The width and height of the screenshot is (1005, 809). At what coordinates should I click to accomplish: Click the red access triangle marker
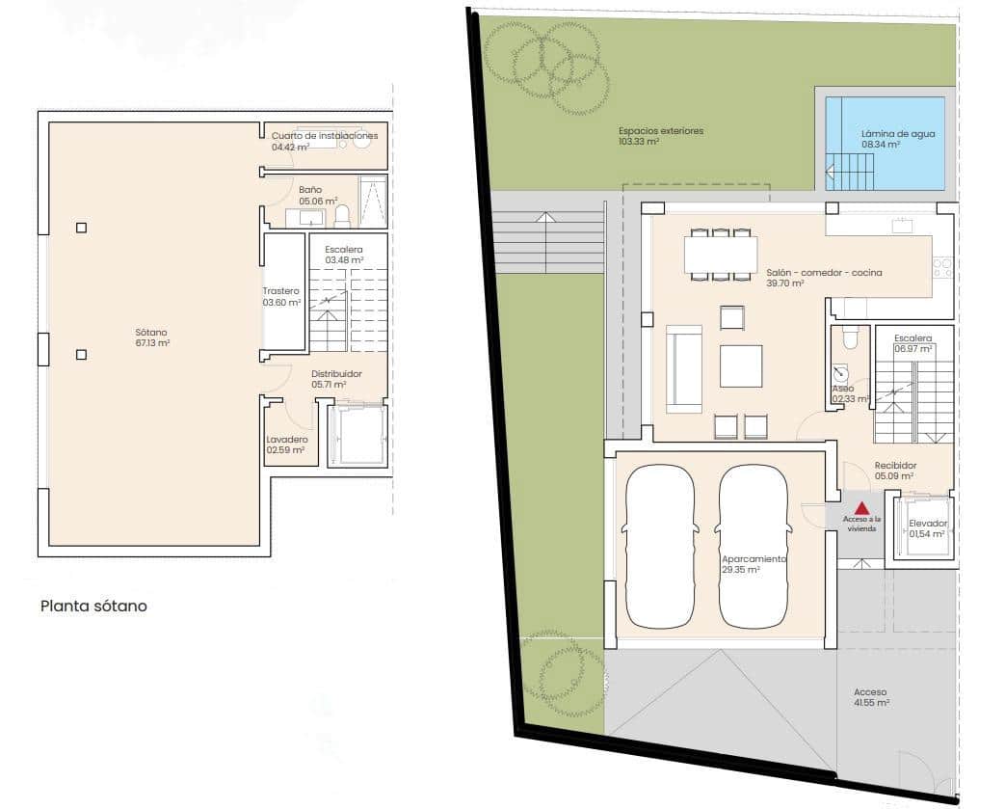click(862, 508)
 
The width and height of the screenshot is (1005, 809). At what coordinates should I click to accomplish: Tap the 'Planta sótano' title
click(93, 607)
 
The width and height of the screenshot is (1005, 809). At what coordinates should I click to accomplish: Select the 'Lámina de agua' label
click(898, 134)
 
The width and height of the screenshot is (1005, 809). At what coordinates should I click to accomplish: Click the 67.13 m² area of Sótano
click(152, 343)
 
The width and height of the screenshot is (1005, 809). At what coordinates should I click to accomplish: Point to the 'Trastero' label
click(280, 291)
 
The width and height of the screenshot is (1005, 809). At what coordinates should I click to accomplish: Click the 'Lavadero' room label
click(287, 440)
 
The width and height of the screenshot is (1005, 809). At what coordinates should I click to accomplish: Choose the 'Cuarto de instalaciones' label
click(325, 136)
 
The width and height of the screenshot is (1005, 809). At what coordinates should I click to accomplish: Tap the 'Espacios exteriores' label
click(661, 131)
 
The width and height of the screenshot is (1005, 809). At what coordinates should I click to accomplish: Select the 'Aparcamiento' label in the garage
click(754, 559)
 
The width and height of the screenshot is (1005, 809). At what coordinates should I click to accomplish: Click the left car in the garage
click(659, 546)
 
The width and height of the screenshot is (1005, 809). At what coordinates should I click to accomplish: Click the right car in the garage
click(754, 546)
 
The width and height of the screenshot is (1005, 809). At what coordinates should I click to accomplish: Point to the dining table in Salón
click(721, 255)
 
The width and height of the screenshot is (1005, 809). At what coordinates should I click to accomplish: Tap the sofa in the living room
click(684, 369)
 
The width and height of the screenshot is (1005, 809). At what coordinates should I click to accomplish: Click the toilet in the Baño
click(342, 216)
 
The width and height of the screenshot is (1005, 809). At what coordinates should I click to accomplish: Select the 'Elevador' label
click(928, 524)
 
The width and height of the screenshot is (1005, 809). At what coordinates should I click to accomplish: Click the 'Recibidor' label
click(895, 465)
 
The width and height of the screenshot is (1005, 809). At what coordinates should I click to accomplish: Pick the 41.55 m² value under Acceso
click(872, 703)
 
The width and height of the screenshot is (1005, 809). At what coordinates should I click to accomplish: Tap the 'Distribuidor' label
click(336, 374)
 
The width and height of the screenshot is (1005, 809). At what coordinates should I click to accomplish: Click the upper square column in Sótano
click(81, 228)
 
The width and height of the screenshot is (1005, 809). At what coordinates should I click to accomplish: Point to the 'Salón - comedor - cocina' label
click(824, 273)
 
